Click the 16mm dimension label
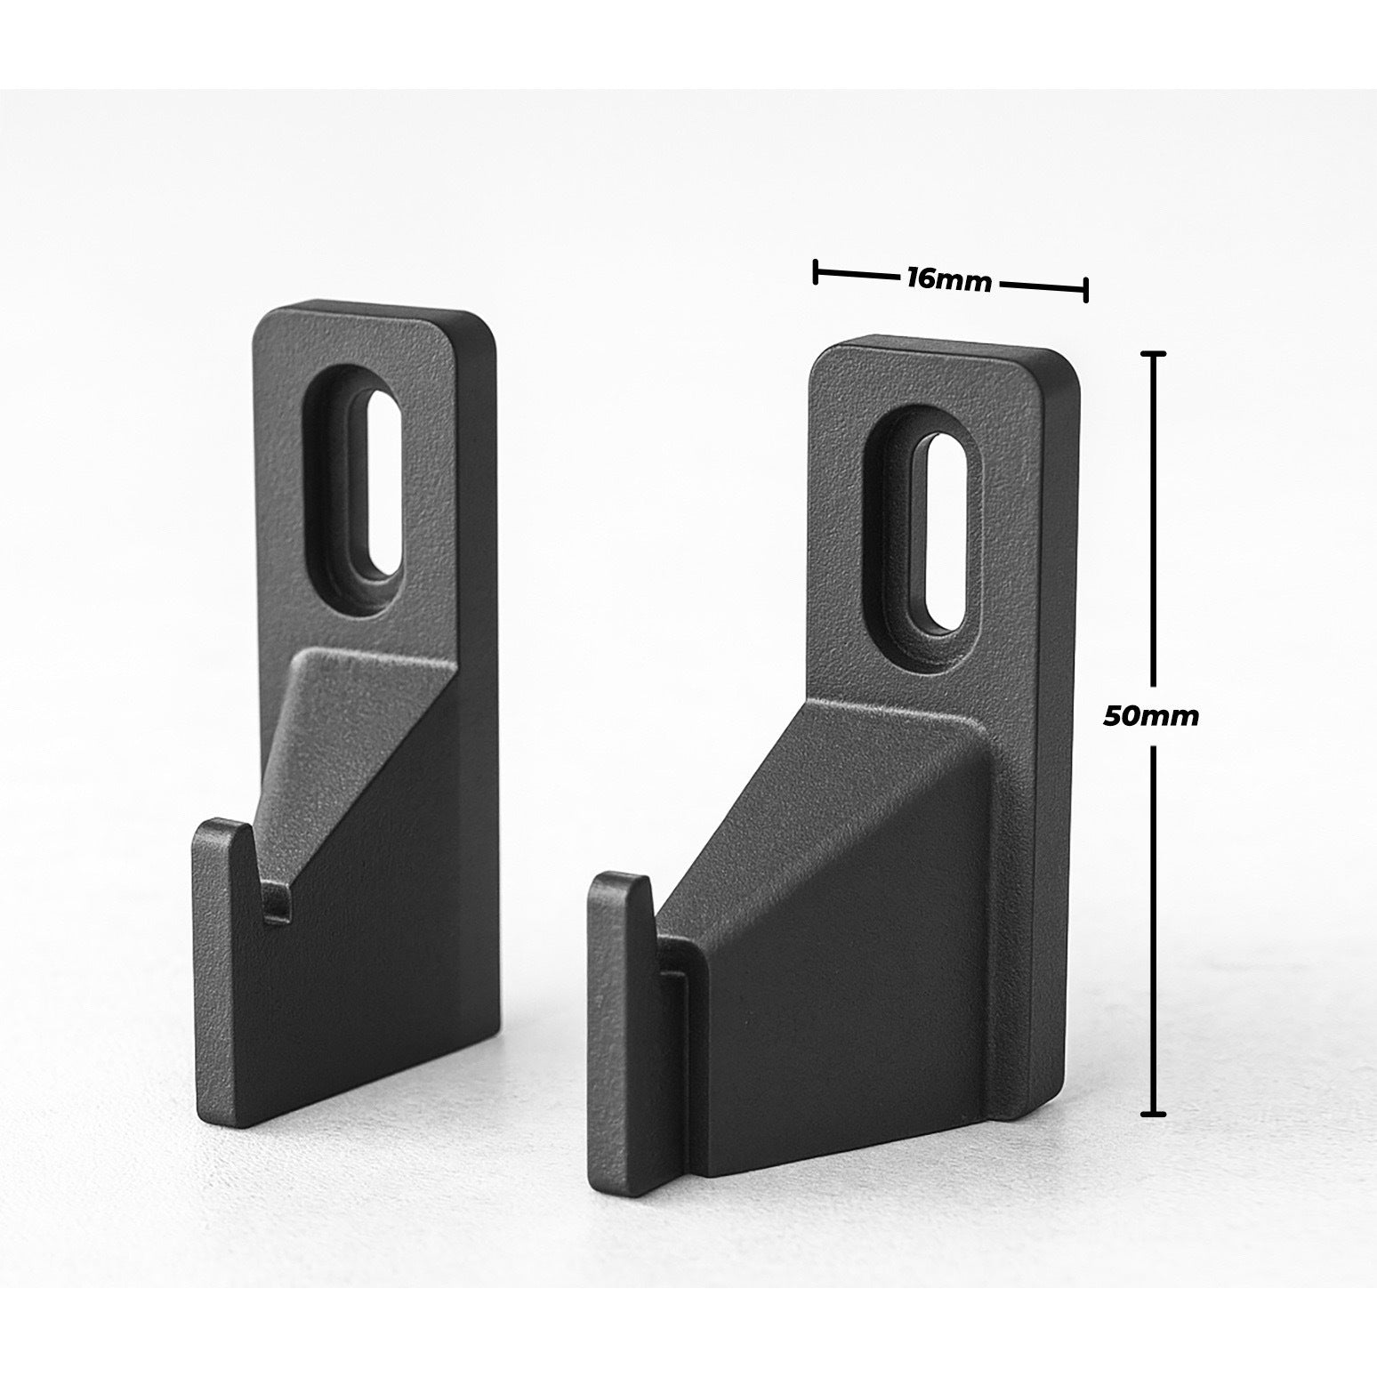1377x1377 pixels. pos(948,279)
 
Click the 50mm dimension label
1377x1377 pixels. pos(1150,716)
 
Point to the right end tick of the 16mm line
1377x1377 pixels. pos(1085,290)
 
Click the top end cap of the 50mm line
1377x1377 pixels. pos(1154,354)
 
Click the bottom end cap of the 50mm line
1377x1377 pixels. pos(1154,1112)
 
